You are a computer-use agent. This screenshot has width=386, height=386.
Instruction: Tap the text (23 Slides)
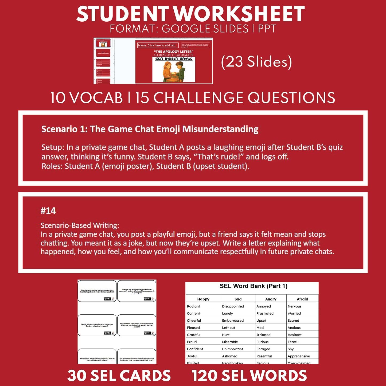(256, 62)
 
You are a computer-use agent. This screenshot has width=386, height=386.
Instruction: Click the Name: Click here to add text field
(157, 45)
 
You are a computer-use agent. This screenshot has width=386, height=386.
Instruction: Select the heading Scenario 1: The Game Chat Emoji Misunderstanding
(150, 129)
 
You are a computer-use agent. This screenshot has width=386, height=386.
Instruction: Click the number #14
(48, 211)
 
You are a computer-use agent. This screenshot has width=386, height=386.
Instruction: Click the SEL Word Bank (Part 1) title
(253, 286)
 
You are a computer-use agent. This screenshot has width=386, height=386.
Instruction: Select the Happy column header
(203, 299)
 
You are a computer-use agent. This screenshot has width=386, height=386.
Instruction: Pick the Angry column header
(271, 299)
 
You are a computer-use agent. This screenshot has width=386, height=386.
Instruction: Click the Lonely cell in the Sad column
(227, 313)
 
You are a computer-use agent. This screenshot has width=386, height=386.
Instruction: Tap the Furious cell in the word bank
(262, 342)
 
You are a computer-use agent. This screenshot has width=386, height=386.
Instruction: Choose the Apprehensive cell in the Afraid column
(299, 356)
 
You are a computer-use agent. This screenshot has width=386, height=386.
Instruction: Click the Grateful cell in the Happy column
(194, 335)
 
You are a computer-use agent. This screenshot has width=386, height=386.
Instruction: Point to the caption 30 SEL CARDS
(119, 376)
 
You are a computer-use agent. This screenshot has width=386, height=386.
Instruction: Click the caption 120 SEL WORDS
(249, 376)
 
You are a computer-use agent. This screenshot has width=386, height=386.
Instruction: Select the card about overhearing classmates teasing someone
(137, 325)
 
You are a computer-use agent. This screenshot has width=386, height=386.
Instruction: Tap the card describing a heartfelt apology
(97, 291)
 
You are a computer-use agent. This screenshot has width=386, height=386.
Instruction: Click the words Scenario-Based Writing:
(80, 225)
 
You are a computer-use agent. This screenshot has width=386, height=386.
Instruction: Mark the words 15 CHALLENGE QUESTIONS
(235, 98)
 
